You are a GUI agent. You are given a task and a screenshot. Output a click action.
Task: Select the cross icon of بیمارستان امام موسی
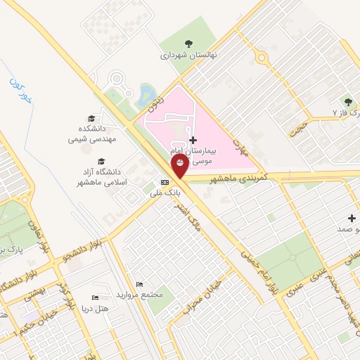coord(193,141)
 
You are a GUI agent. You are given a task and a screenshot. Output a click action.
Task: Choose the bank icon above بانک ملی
coord(165,181)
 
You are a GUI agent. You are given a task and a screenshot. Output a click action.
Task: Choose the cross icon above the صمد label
coord(352,218)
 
